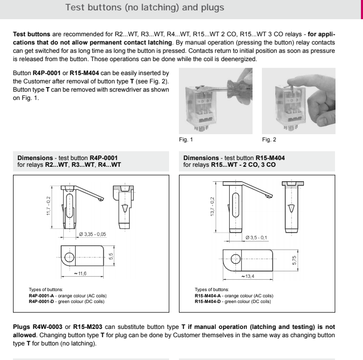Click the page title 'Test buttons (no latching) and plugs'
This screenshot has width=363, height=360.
pyautogui.click(x=138, y=8)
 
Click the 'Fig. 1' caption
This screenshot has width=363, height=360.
pyautogui.click(x=185, y=139)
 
